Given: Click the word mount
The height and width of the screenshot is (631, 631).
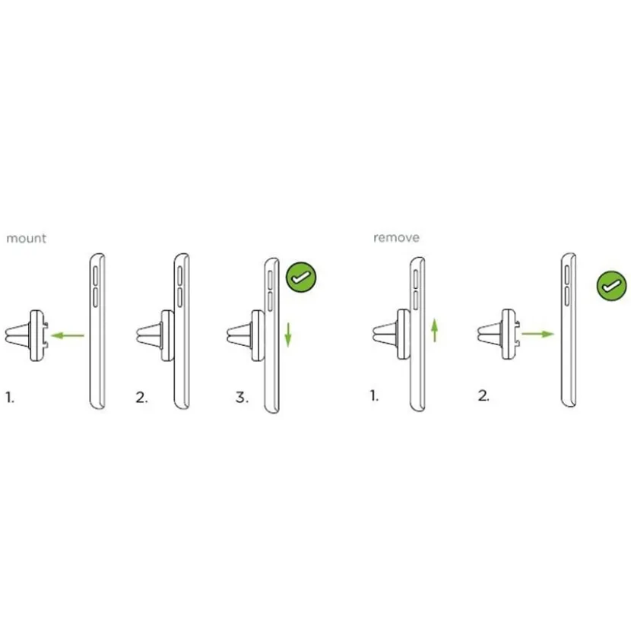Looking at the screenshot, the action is coord(26,238).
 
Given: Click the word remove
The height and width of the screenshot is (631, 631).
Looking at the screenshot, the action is coord(396,237).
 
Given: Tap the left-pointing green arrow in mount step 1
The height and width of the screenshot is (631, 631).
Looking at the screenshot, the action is coord(68,335).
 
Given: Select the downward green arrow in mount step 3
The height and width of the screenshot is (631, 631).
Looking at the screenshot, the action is coord(288,335).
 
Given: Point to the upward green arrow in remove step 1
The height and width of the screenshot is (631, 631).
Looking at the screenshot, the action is coord(435,331).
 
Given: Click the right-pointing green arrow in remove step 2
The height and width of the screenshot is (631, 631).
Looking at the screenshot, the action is coord(538,334).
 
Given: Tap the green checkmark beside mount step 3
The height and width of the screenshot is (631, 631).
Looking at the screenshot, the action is coord(301,277).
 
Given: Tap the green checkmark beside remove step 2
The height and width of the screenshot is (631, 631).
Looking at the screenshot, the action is coord(612,286).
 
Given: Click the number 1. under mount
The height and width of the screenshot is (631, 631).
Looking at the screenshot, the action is coord(10,398).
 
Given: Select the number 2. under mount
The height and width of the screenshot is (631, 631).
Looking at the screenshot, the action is coord(141,398).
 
